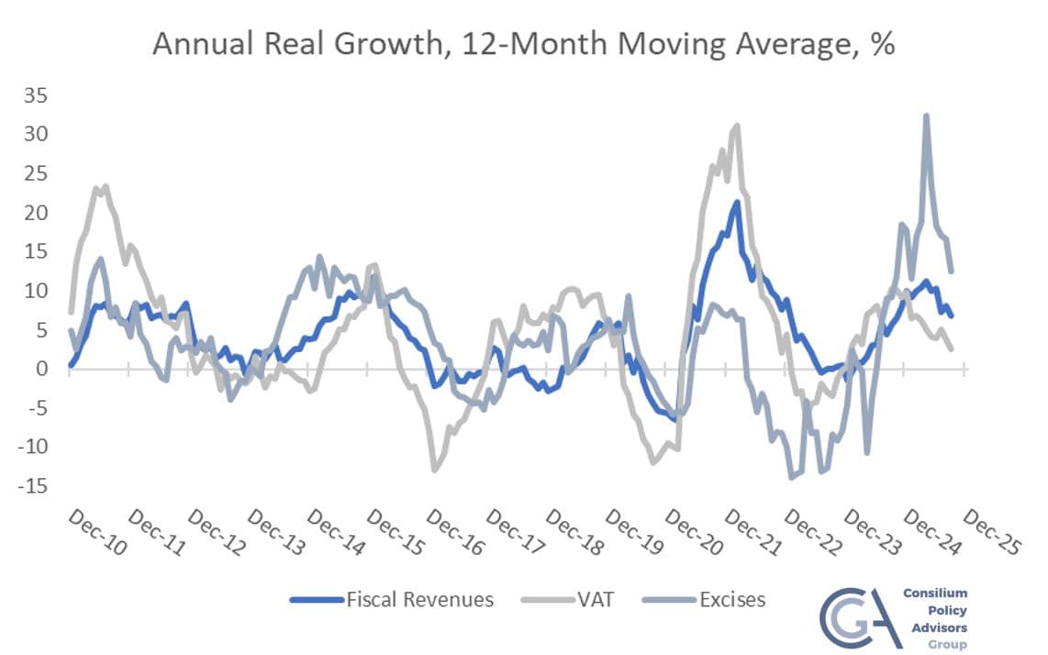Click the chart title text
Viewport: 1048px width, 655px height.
(523, 44)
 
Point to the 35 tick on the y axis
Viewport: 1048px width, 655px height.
(38, 95)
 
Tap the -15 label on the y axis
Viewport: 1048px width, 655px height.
(35, 486)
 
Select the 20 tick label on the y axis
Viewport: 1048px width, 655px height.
(38, 213)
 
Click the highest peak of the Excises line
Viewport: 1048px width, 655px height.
(926, 116)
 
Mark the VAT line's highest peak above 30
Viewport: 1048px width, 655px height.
(736, 126)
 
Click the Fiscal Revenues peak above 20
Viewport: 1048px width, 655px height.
(736, 202)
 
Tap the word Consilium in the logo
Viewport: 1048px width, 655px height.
(934, 594)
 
